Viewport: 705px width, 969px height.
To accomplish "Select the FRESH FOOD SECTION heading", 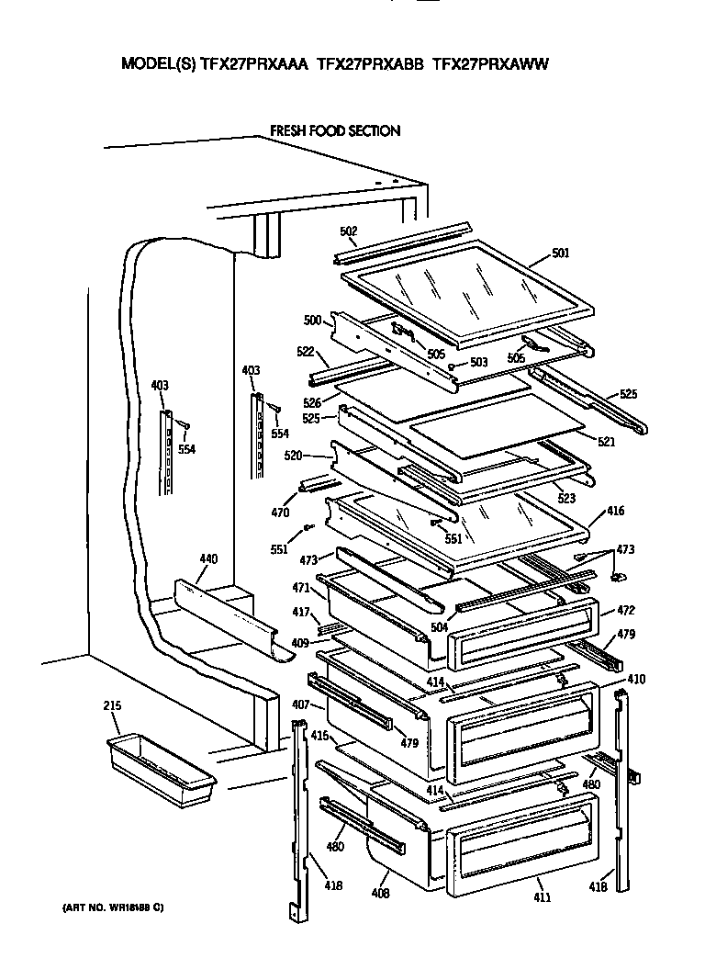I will pyautogui.click(x=334, y=131).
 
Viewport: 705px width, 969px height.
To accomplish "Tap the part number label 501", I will pyautogui.click(x=561, y=253).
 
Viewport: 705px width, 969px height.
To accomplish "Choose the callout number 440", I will pyautogui.click(x=208, y=558).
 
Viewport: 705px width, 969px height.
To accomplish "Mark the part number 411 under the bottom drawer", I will pyautogui.click(x=543, y=896).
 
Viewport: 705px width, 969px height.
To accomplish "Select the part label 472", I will pyautogui.click(x=626, y=610).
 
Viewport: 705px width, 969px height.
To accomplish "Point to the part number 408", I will pyautogui.click(x=380, y=893).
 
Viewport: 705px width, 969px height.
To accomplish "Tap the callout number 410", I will pyautogui.click(x=635, y=680).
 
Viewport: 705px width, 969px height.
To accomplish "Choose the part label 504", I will pyautogui.click(x=440, y=627).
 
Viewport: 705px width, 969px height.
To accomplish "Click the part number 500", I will pyautogui.click(x=313, y=321).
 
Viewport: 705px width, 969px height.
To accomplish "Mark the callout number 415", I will pyautogui.click(x=319, y=737).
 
